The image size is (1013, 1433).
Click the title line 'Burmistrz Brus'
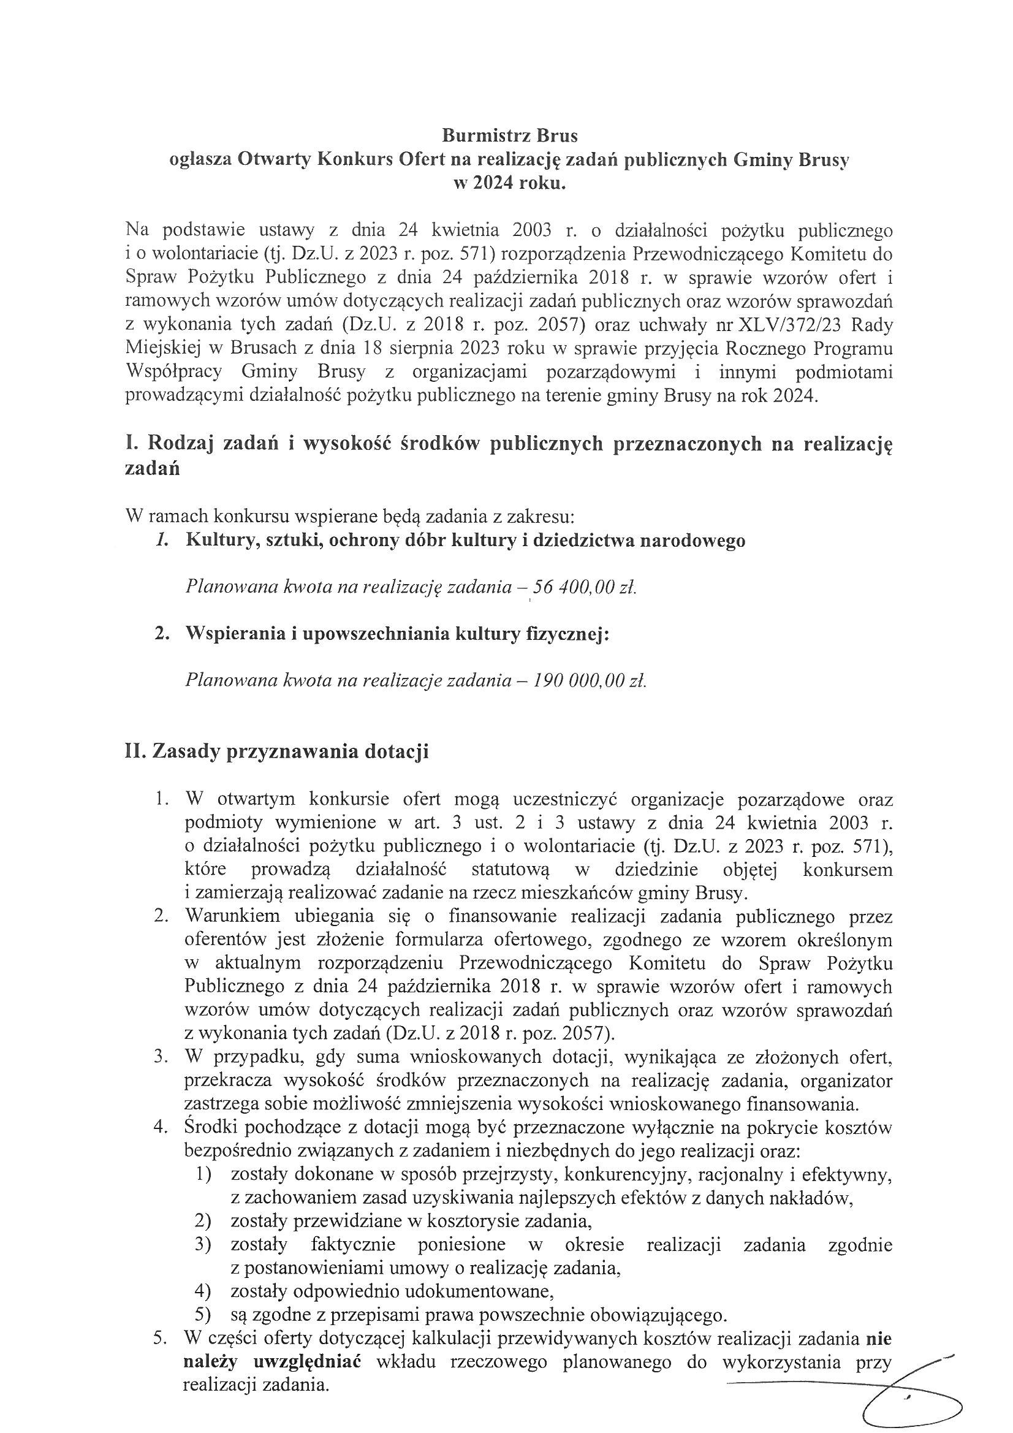509,135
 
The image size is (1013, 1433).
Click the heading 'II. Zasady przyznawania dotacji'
277,751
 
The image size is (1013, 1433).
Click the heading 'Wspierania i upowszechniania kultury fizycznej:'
397,634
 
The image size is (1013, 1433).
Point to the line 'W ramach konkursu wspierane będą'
349,517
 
